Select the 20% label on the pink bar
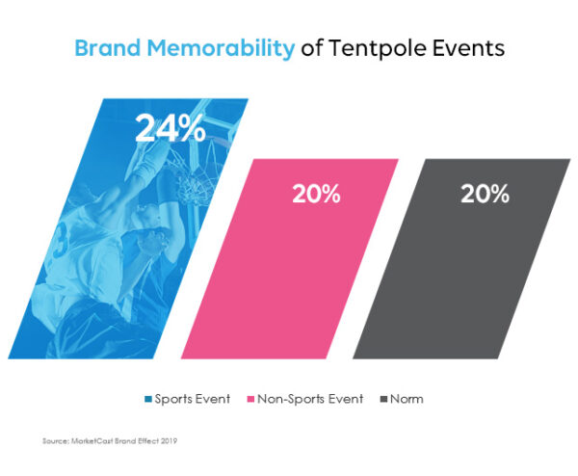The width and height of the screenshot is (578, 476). pos(316,194)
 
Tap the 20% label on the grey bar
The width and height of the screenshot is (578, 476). pos(485,194)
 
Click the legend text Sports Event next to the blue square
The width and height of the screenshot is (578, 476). pos(192,398)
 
